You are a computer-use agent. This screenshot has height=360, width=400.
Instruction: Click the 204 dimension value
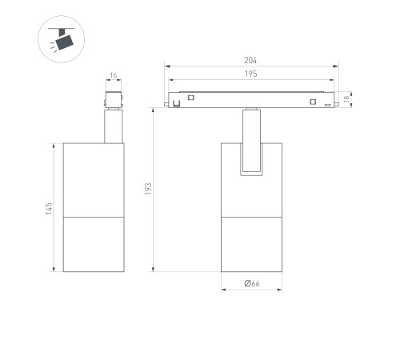pos(250,60)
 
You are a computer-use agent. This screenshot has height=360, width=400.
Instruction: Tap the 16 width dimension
pos(113,77)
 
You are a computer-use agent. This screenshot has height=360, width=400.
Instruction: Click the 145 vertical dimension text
pos(48,208)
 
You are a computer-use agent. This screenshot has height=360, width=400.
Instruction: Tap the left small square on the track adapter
pos(192,98)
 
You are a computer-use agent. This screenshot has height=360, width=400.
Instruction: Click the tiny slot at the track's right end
pos(327,104)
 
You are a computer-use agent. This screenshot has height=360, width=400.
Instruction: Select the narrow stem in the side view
pos(113,126)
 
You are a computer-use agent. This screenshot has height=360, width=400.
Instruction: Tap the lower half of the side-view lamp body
pos(93,243)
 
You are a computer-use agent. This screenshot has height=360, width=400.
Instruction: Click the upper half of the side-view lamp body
pos(93,180)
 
